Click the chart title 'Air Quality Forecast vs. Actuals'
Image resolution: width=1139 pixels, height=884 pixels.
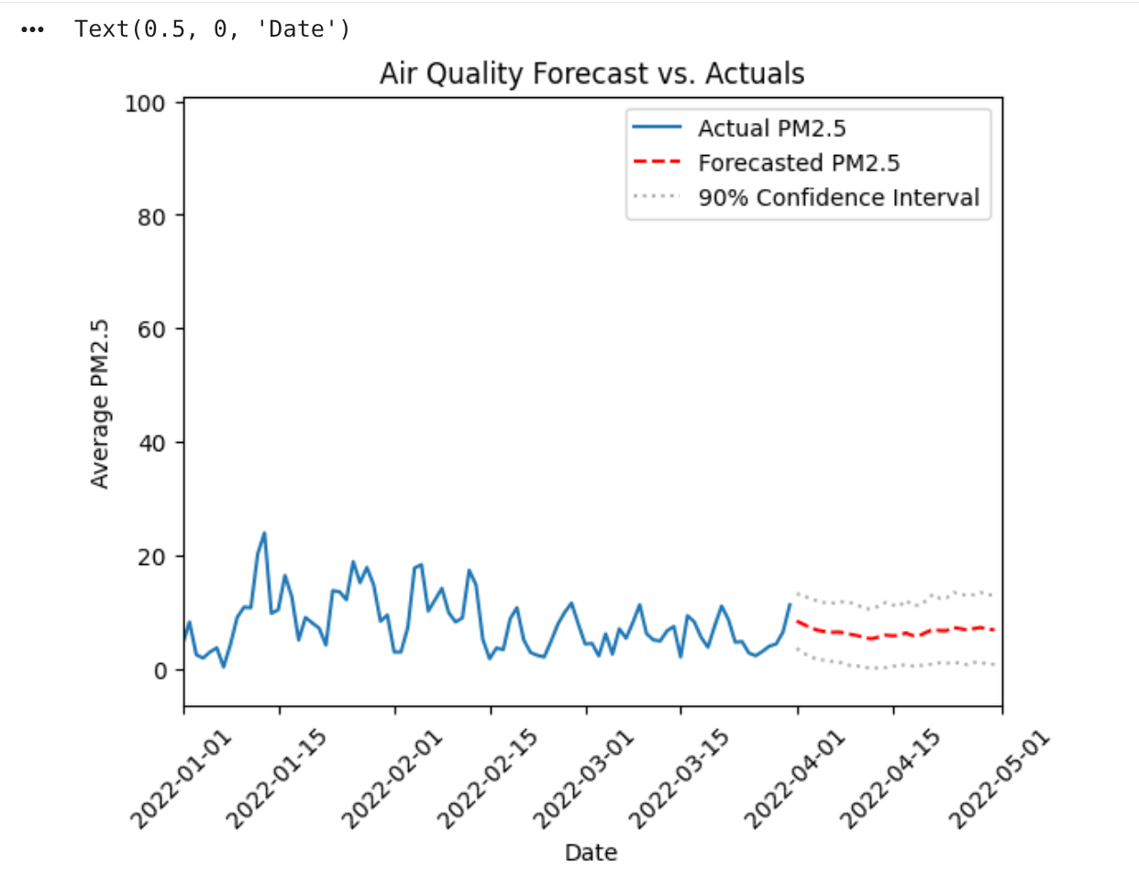592,73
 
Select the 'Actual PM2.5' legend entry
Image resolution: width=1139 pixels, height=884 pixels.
771,128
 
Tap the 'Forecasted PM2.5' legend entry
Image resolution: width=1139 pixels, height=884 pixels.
798,163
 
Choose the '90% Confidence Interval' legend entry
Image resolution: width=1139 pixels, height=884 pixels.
838,198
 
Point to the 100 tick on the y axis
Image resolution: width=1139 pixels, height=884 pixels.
145,104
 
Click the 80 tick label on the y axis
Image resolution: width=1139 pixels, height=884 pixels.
151,217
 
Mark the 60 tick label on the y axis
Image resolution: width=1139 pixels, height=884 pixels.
151,330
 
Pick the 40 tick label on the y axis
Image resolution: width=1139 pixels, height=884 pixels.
151,444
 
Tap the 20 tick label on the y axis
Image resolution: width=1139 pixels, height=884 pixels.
151,558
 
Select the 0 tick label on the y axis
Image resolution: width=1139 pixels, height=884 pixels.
160,671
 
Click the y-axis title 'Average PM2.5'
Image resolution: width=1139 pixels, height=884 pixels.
100,403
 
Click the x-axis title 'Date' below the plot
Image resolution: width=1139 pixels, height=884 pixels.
591,853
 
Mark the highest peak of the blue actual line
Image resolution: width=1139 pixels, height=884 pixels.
264,533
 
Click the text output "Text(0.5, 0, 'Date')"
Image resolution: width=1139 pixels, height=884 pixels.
213,29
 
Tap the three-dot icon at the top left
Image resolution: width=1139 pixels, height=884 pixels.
33,29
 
